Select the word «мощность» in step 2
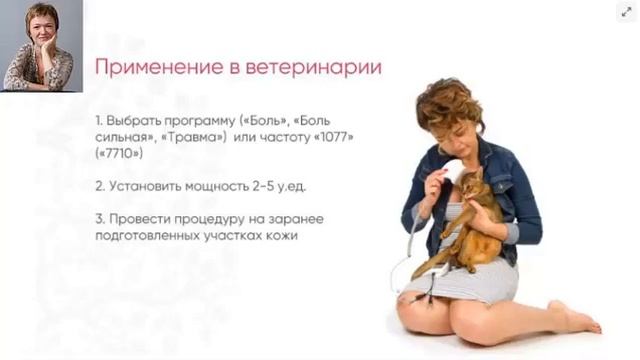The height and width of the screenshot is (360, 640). click(224, 186)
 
